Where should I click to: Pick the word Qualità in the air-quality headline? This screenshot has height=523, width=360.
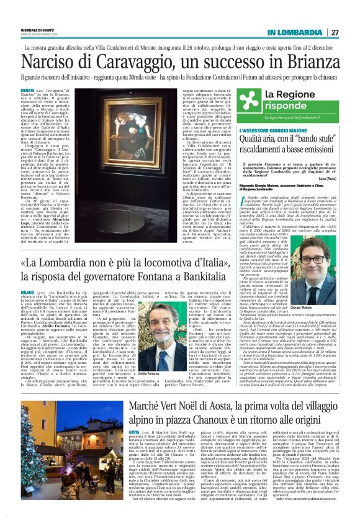[x=256, y=141]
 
